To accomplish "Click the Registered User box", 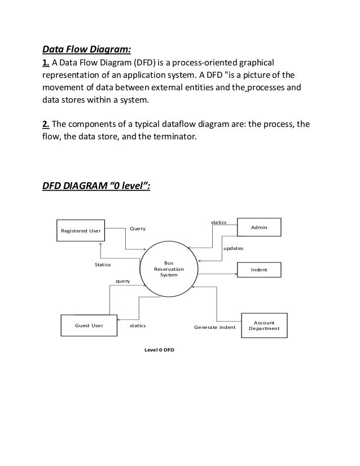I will coord(81,231).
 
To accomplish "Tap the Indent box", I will coord(259,271).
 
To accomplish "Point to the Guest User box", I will coord(89,326).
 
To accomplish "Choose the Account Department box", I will coord(264,326).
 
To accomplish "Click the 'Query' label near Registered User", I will coord(138,228).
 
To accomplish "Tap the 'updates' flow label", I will coord(234,248).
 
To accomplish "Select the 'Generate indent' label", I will coord(214,326).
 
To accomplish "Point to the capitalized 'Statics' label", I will coord(103,264).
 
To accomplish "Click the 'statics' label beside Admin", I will coord(218,223).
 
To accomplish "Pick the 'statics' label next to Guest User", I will coord(138,326).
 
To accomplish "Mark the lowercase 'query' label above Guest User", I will coord(122,280).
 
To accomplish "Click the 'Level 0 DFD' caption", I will coord(160,350).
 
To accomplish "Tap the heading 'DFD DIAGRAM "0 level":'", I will coord(96,187).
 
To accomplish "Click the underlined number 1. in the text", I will coord(46,62).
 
